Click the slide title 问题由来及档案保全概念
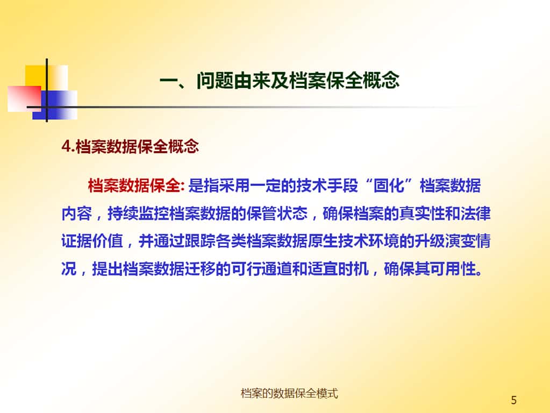pyautogui.click(x=297, y=80)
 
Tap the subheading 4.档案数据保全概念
pyautogui.click(x=130, y=146)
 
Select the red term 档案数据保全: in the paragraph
pyautogui.click(x=136, y=186)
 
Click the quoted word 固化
pyautogui.click(x=389, y=186)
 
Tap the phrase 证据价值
pyautogui.click(x=92, y=241)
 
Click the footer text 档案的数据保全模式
pyautogui.click(x=289, y=393)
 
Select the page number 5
pyautogui.click(x=514, y=400)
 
